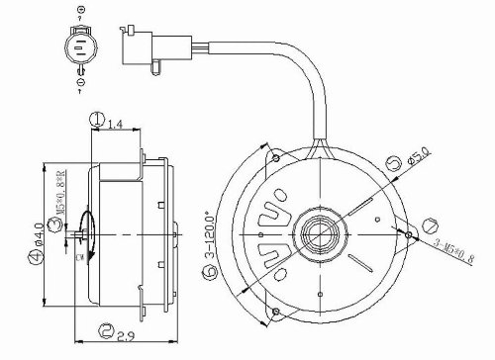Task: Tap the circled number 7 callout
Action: point(429,225)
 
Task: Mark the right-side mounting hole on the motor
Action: point(408,234)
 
